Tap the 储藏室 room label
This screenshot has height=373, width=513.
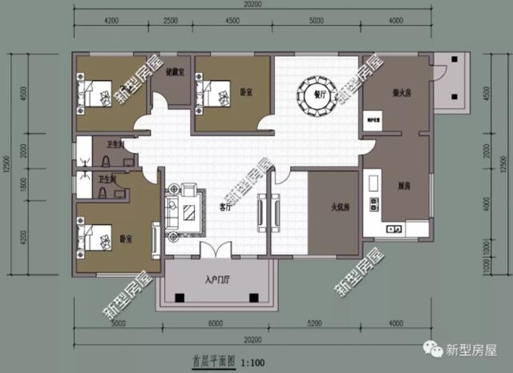tap(176, 72)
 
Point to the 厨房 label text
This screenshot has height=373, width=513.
tap(405, 186)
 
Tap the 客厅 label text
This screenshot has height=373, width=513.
tap(224, 207)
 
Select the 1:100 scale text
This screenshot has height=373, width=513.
tap(253, 362)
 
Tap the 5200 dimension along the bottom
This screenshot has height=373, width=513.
tap(315, 324)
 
